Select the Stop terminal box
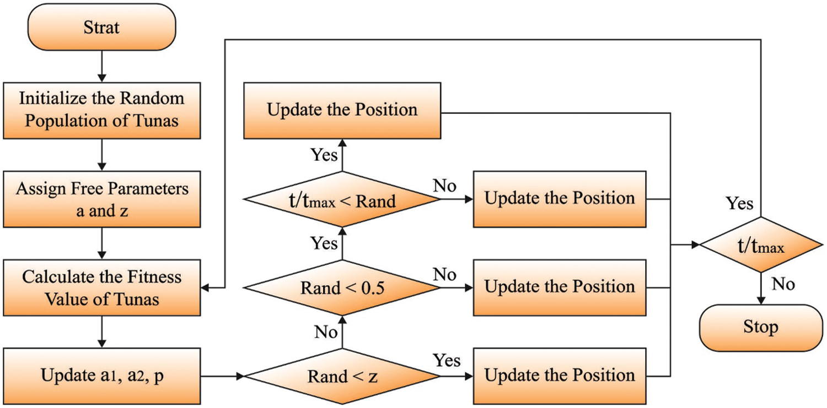(761, 328)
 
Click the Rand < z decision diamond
(342, 377)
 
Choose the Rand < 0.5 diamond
(342, 287)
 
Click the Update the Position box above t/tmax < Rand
(342, 110)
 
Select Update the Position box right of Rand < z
(559, 376)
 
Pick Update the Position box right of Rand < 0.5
(559, 287)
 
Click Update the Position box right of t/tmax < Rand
(559, 199)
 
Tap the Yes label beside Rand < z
(447, 361)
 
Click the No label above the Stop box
(783, 284)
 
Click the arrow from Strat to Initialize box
(101, 66)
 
